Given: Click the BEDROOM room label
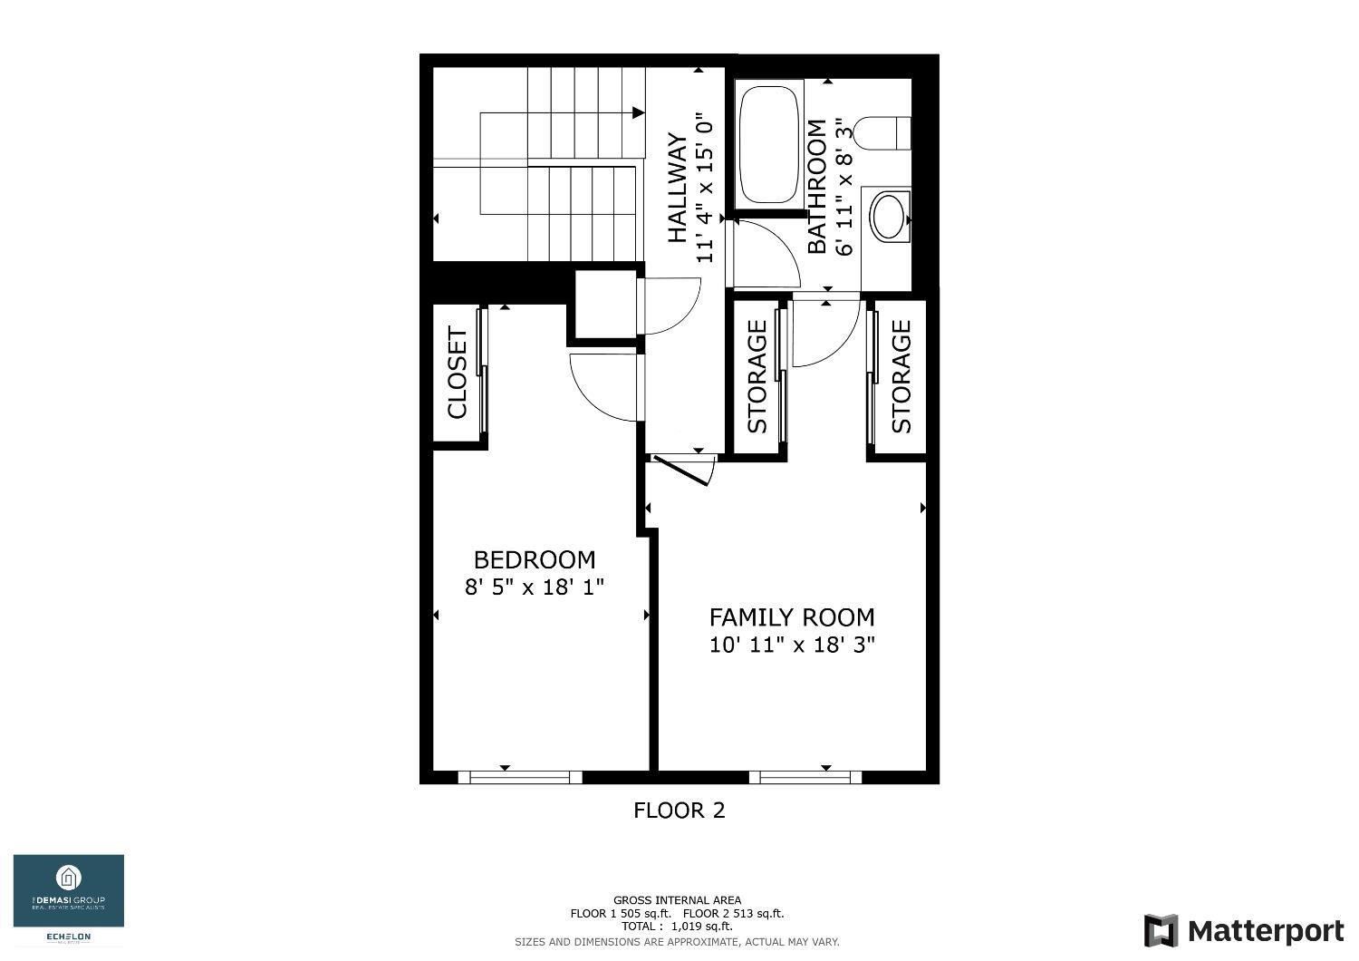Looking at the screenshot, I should click(535, 559).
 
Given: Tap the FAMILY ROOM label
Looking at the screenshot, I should click(792, 617).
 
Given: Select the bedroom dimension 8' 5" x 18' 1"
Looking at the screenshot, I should click(535, 587).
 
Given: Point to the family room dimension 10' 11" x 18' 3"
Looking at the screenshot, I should click(792, 646).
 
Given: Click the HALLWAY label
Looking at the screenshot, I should click(677, 189).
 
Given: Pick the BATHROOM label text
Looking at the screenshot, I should click(817, 187).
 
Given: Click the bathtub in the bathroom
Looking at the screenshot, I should click(769, 144).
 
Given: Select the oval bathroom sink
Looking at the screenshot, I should click(889, 216).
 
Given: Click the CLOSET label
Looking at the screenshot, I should click(458, 374).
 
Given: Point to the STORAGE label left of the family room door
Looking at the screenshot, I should click(757, 377).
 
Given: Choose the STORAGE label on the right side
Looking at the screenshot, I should click(901, 377).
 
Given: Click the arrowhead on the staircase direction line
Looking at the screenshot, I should click(639, 112).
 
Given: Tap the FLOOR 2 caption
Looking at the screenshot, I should click(679, 811).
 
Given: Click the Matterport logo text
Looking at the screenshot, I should click(1265, 931).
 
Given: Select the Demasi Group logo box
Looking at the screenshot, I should click(69, 892).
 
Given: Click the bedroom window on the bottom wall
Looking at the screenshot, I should click(520, 777).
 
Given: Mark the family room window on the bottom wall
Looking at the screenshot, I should click(805, 777).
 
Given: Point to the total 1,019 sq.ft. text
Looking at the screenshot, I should click(677, 927).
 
